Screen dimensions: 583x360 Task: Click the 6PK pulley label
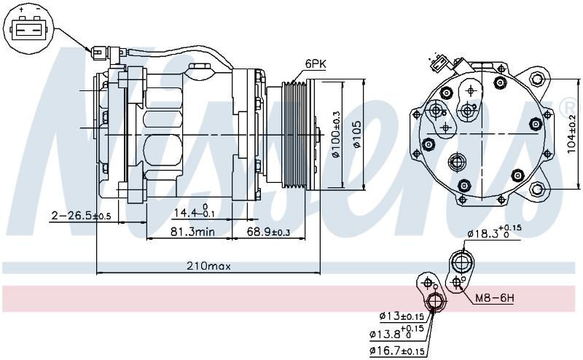pyautogui.click(x=316, y=63)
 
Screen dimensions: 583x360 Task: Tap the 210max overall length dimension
pyautogui.click(x=208, y=266)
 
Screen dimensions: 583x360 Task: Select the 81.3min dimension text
pyautogui.click(x=192, y=232)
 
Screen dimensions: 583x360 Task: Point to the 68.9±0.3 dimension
pyautogui.click(x=268, y=232)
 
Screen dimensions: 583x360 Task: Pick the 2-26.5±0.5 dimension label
pyautogui.click(x=81, y=216)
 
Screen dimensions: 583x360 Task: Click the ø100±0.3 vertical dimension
pyautogui.click(x=336, y=134)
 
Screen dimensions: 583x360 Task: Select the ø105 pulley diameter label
pyautogui.click(x=356, y=134)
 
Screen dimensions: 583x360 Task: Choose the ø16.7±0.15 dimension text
pyautogui.click(x=396, y=351)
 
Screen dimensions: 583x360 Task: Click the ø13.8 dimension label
pyautogui.click(x=396, y=332)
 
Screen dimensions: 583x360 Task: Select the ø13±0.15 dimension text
pyautogui.click(x=402, y=316)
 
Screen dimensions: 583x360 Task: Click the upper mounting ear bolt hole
pyautogui.click(x=536, y=79)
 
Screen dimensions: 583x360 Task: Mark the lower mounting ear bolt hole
pyautogui.click(x=536, y=189)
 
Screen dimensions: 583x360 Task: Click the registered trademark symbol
pyautogui.click(x=571, y=106)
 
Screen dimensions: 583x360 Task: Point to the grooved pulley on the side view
pyautogui.click(x=294, y=134)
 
